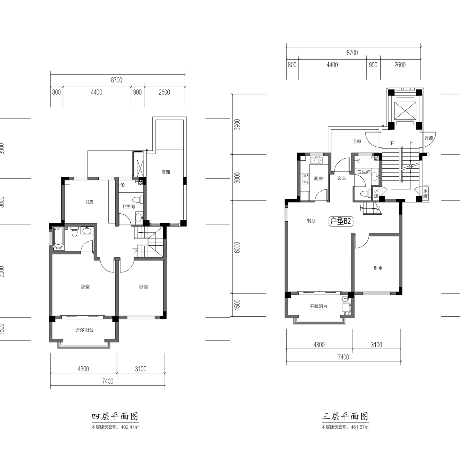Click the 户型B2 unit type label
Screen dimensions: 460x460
tap(341, 221)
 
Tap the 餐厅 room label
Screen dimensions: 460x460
tap(311, 221)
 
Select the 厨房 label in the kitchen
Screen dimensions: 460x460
tap(318, 179)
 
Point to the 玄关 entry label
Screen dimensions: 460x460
tap(342, 178)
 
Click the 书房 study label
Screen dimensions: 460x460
tap(89, 202)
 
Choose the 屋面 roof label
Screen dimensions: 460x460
tap(166, 172)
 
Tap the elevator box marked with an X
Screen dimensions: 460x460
tap(405, 110)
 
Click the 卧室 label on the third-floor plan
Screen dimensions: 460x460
tap(378, 268)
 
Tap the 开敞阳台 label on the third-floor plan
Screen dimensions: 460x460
tap(319, 306)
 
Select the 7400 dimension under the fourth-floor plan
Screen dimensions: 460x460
tap(108, 381)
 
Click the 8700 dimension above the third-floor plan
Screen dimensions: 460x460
tap(352, 52)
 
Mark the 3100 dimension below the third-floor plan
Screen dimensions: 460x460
tap(376, 345)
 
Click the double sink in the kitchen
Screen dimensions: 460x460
tap(317, 160)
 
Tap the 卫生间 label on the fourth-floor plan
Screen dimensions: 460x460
tap(128, 206)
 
